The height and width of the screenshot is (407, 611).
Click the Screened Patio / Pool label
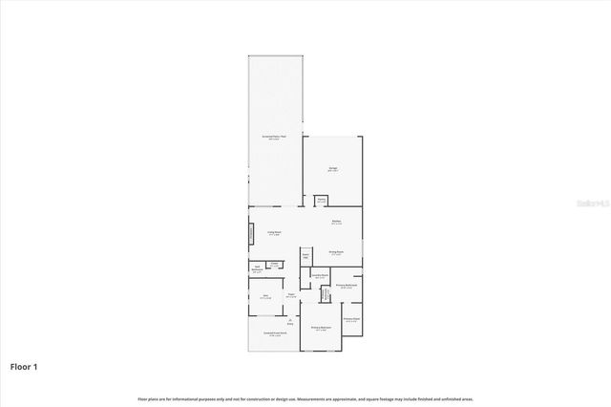click(275, 138)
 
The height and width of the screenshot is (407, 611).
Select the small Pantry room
click(322, 201)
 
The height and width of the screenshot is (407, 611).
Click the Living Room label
click(273, 232)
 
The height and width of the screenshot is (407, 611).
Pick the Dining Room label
click(336, 253)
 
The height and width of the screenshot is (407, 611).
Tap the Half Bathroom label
click(258, 268)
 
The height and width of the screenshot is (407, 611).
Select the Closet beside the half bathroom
click(274, 265)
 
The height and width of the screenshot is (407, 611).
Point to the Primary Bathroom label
click(347, 287)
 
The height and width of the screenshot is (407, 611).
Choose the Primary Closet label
click(350, 320)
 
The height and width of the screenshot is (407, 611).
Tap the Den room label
click(265, 297)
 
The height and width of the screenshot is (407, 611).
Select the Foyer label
click(291, 296)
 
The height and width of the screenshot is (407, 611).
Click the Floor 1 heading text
click(23, 366)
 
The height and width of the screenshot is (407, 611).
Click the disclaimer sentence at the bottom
click(305, 398)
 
